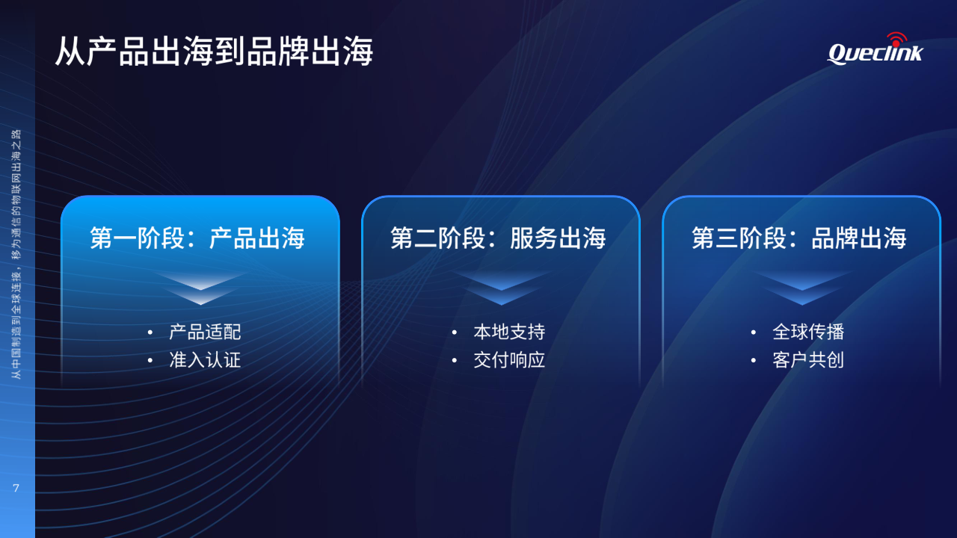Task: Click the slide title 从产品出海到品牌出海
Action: click(x=214, y=52)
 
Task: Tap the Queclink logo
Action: click(x=875, y=49)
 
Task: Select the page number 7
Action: click(x=16, y=488)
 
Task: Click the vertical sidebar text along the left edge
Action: click(x=16, y=254)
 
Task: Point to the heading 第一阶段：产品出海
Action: click(x=197, y=238)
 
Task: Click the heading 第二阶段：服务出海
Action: click(x=498, y=238)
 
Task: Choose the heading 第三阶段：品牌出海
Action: click(x=799, y=238)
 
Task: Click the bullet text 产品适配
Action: click(x=205, y=333)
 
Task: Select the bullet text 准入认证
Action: click(x=205, y=360)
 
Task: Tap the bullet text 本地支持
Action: click(x=509, y=333)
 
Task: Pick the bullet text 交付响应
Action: click(x=509, y=360)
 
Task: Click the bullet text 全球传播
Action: click(x=808, y=333)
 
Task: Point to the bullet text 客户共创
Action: click(x=808, y=360)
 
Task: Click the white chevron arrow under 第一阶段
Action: click(x=200, y=288)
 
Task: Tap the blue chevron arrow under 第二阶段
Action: click(x=501, y=288)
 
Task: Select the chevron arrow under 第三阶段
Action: click(x=802, y=288)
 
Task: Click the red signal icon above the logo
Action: click(x=896, y=40)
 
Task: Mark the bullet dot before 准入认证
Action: click(x=150, y=360)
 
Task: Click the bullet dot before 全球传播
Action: click(x=753, y=333)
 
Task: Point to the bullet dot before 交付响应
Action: click(x=454, y=360)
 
